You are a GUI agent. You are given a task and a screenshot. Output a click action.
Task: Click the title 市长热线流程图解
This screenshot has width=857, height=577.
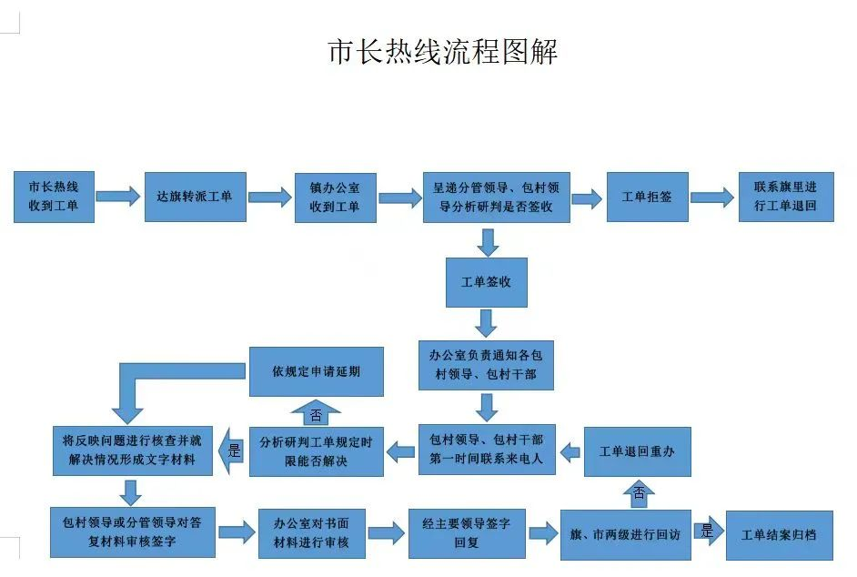coord(443,52)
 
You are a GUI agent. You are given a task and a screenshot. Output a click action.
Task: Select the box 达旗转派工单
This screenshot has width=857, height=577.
coord(195,197)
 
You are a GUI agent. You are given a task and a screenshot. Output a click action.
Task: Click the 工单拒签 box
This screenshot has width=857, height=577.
coord(647,197)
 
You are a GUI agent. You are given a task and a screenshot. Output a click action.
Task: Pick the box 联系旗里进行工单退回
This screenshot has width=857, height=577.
coord(786,197)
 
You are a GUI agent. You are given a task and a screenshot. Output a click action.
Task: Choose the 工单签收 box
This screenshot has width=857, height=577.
coord(487,282)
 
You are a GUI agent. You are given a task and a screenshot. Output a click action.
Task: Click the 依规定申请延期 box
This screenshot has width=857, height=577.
coord(317,372)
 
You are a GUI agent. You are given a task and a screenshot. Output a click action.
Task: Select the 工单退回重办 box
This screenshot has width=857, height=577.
coord(637,451)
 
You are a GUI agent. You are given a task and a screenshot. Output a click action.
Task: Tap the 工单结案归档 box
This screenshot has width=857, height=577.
coord(780,535)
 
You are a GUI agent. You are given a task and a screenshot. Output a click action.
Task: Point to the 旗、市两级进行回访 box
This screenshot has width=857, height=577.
coord(626,535)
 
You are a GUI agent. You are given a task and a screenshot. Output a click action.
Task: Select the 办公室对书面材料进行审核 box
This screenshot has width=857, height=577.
coord(311,534)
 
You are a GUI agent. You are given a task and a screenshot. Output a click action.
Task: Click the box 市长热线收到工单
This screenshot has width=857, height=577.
coord(54,197)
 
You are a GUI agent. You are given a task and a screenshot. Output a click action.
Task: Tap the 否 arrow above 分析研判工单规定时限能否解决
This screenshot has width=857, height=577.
coord(316,413)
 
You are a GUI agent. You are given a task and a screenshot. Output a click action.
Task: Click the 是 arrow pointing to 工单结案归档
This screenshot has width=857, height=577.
coord(709,531)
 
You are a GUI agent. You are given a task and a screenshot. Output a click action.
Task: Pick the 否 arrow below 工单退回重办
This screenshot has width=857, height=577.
coord(639,493)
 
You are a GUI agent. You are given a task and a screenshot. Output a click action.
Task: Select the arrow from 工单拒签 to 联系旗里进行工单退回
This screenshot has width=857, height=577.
coord(712,197)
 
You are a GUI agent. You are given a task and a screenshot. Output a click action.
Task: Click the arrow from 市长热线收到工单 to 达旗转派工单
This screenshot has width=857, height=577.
coord(118,197)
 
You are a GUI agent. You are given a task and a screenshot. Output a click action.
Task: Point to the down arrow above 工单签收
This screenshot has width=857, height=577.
coord(488,242)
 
